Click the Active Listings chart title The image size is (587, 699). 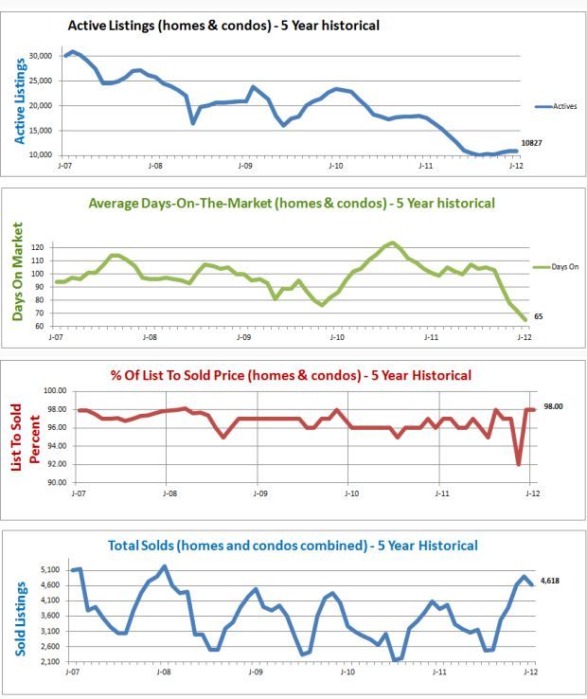[x=223, y=26]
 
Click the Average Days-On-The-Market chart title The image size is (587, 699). [x=291, y=203]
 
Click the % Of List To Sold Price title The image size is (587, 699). [x=292, y=375]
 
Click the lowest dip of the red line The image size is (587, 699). [x=518, y=464]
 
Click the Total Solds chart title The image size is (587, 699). [x=291, y=546]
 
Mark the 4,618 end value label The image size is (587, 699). [x=549, y=581]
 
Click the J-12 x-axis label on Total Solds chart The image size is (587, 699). [x=527, y=671]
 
